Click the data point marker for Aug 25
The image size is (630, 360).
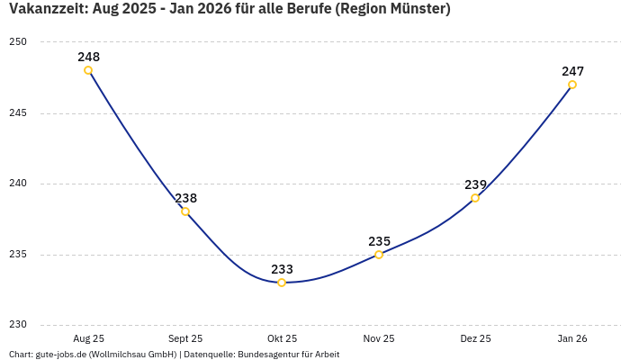coord(88,70)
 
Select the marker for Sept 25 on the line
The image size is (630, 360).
coord(185,211)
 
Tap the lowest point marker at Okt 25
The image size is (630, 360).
coord(282,283)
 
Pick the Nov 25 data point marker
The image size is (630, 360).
coord(379,255)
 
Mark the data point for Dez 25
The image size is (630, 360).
coord(475,198)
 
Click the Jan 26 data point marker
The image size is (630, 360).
coord(572,85)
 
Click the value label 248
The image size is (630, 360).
coord(88,57)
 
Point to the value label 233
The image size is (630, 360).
coord(282,269)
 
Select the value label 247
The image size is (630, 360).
coord(572,71)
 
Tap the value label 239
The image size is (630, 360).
coord(475,184)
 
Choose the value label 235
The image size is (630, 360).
coord(379,241)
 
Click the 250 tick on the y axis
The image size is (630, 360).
coord(18,42)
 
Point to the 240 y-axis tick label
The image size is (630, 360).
coord(18,184)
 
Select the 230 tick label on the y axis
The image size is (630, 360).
coord(18,325)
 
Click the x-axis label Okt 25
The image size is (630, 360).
coord(282,339)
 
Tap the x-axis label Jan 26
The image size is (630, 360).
coord(572,339)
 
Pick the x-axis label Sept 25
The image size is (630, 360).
coord(185,339)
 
